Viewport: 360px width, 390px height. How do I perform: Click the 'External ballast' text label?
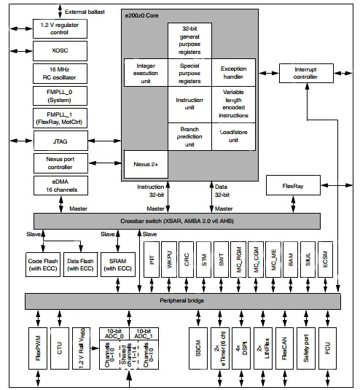tap(84, 12)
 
